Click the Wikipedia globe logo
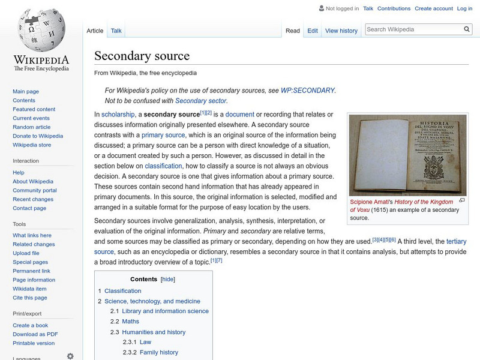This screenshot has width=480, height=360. click(x=41, y=30)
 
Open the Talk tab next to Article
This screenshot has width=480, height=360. click(x=116, y=31)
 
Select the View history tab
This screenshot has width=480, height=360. click(x=341, y=31)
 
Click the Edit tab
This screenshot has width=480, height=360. click(x=313, y=31)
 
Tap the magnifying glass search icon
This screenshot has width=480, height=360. click(x=467, y=29)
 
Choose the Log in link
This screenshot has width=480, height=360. click(x=464, y=8)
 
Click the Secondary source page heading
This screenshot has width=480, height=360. click(x=142, y=56)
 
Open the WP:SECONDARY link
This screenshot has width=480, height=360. click(x=307, y=90)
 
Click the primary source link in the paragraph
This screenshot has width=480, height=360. click(x=163, y=135)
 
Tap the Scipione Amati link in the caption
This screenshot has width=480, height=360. click(x=371, y=202)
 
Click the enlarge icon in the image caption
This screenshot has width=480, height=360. click(x=461, y=200)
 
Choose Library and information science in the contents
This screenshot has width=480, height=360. click(x=165, y=311)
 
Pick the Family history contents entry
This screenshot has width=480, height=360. click(x=158, y=352)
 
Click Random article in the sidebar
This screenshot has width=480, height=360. click(x=31, y=127)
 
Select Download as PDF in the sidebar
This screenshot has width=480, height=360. click(x=35, y=334)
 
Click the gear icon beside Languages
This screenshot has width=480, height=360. click(x=70, y=356)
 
